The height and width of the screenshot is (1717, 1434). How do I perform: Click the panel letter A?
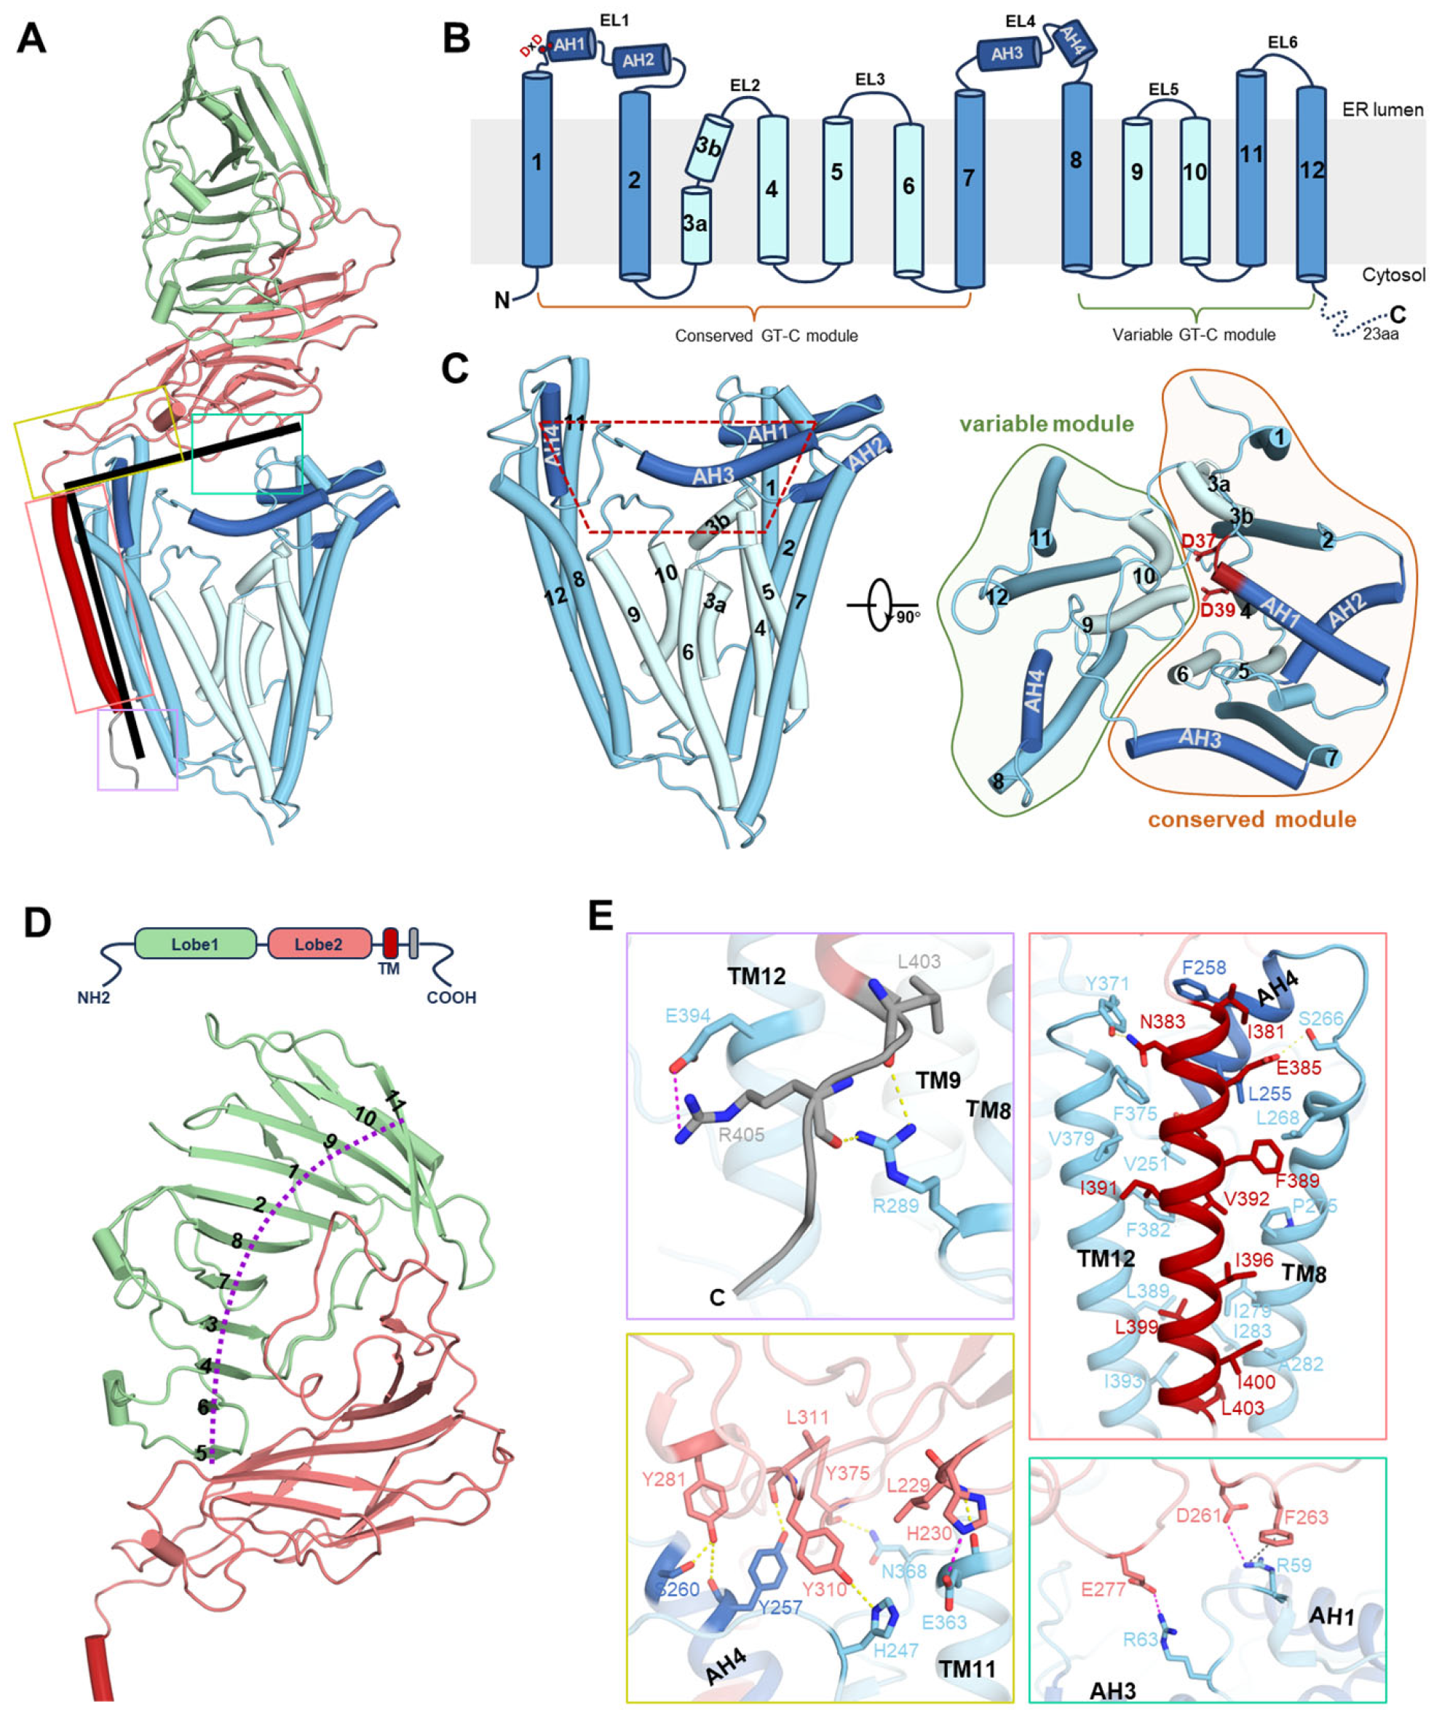point(31,39)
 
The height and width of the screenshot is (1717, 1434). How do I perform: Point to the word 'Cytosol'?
point(1393,274)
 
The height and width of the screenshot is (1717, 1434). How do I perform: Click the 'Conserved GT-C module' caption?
point(766,336)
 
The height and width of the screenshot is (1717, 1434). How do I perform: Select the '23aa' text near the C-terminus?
point(1380,333)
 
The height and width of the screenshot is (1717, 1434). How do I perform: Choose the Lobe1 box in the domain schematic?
point(194,944)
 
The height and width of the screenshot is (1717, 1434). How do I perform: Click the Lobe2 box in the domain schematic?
point(318,944)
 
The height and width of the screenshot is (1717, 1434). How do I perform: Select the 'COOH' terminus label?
point(451,997)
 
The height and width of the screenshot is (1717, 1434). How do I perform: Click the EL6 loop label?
point(1282,41)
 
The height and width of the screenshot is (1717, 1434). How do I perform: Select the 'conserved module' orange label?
point(1252,820)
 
